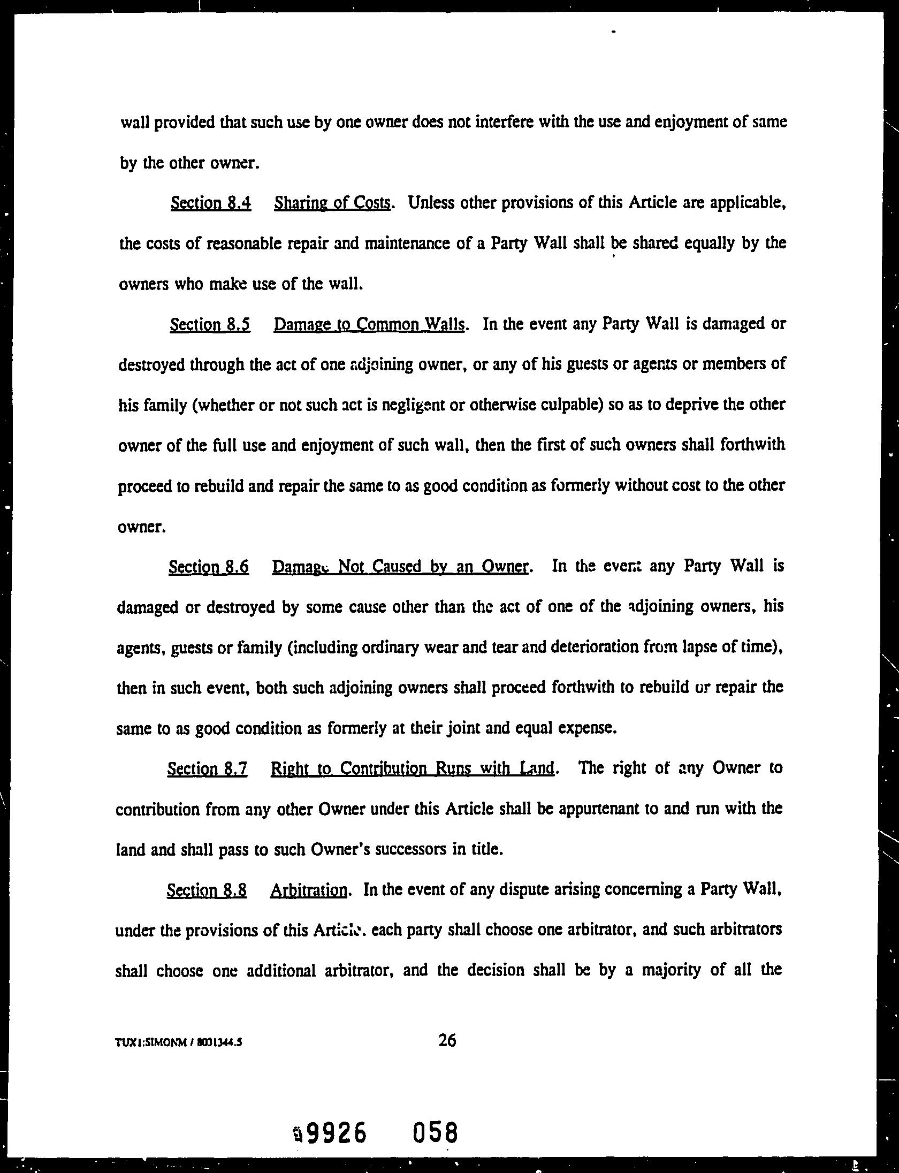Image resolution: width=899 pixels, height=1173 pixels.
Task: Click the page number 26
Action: click(447, 1040)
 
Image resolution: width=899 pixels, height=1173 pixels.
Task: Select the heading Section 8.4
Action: click(211, 203)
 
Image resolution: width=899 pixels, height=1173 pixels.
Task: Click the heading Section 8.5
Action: click(210, 325)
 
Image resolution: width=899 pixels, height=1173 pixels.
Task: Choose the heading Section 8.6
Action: click(209, 567)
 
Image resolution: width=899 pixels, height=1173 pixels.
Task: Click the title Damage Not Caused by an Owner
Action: click(400, 567)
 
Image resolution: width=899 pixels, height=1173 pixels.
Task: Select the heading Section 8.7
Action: click(207, 769)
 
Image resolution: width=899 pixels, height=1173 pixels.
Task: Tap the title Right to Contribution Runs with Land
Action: click(413, 769)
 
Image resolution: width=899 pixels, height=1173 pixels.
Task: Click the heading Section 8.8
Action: click(207, 890)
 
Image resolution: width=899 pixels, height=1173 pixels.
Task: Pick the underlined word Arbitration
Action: click(309, 890)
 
